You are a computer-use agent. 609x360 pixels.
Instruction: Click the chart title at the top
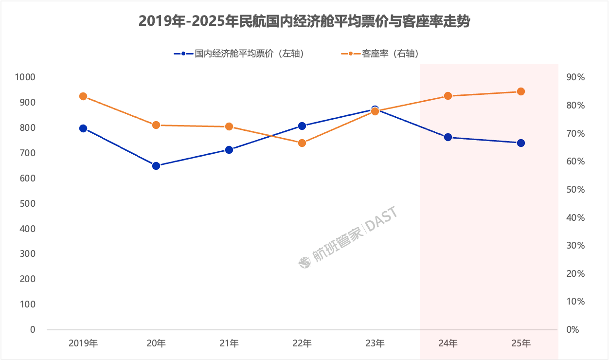[304, 21]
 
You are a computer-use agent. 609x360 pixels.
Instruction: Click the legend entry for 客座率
[384, 54]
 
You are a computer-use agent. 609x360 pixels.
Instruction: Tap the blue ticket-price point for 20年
[156, 166]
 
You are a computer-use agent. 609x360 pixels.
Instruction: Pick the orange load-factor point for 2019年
[83, 96]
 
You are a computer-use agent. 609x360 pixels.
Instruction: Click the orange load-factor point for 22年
[302, 143]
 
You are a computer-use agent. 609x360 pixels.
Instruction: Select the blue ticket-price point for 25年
[521, 143]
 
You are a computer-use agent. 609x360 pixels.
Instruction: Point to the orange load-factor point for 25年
[521, 91]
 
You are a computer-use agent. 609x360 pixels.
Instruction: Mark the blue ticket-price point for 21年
[229, 150]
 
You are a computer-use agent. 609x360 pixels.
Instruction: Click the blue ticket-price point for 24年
[448, 137]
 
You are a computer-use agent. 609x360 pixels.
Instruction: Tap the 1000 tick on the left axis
[25, 77]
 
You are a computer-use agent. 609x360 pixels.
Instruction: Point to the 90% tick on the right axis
[575, 77]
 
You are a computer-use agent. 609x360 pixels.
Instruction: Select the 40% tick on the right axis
[575, 217]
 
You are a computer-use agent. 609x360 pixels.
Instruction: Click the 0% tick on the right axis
[573, 329]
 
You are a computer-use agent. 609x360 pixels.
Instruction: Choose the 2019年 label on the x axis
[83, 343]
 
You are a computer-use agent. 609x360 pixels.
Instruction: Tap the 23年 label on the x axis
[375, 343]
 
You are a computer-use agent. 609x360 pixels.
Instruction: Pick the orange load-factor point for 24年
[448, 96]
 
